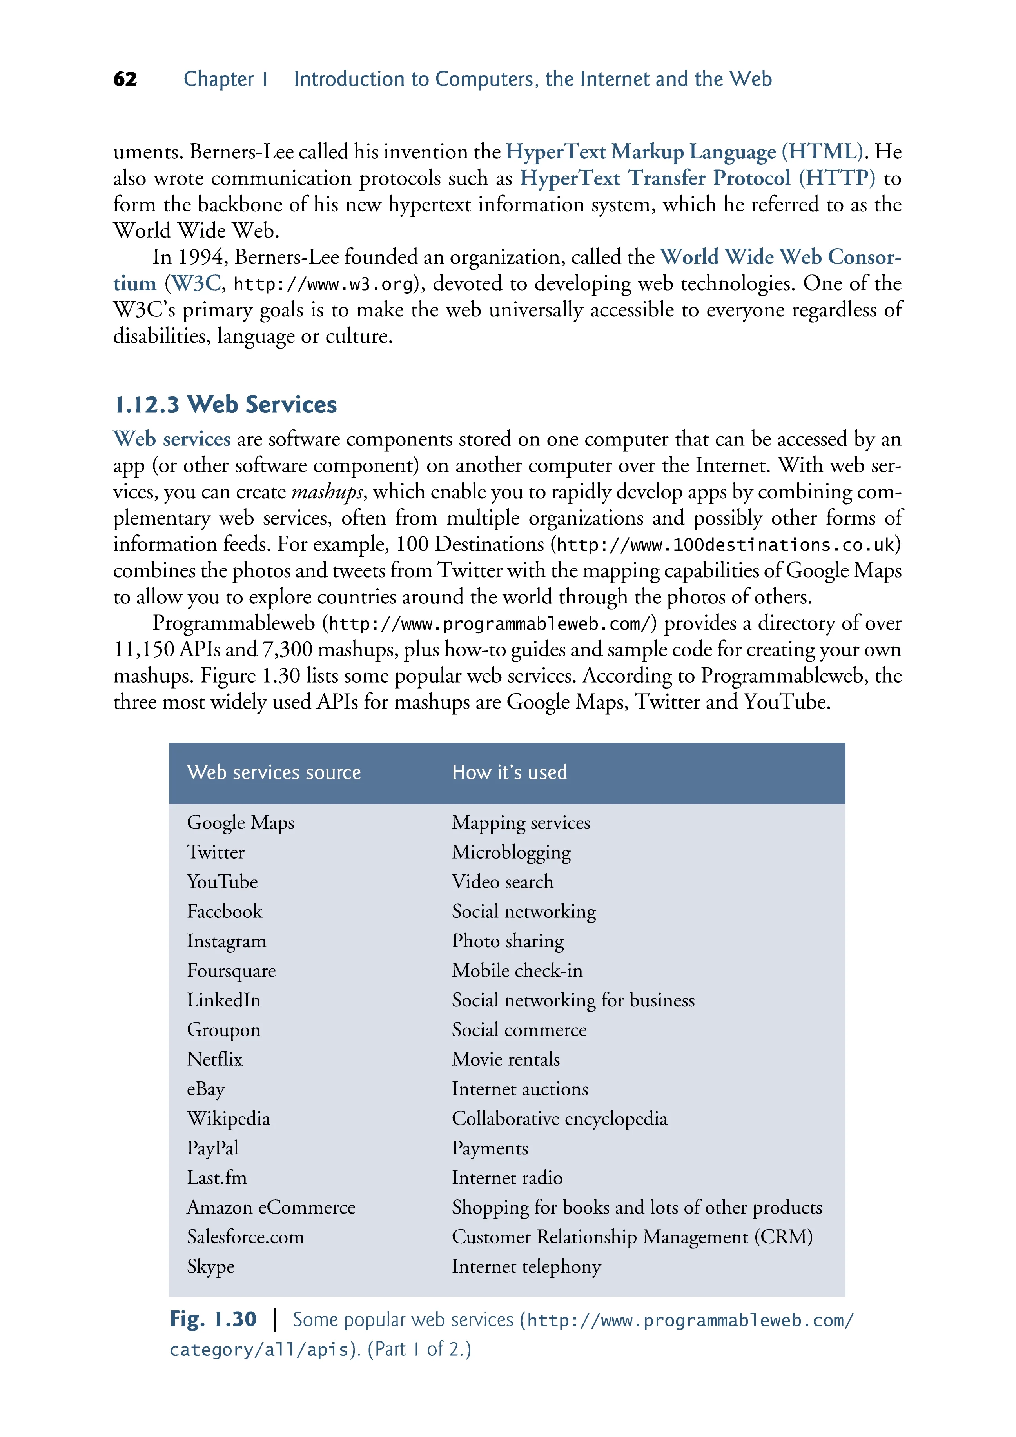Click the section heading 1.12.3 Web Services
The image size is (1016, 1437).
pos(226,405)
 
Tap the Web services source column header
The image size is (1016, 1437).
pos(274,772)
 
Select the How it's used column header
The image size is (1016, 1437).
pos(509,772)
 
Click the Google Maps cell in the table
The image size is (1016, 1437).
pos(241,823)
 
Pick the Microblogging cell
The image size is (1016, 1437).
pos(511,852)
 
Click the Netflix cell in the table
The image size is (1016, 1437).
pos(214,1059)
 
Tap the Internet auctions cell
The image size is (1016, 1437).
pos(520,1089)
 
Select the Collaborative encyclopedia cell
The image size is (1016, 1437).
pos(559,1119)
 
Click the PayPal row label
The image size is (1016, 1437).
pos(213,1148)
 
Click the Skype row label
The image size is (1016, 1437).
pos(211,1267)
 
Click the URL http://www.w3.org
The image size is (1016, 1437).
pos(323,285)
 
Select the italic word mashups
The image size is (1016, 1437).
pos(327,492)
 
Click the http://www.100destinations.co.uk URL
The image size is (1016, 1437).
pos(725,545)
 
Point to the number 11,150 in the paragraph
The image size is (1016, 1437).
pos(143,650)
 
